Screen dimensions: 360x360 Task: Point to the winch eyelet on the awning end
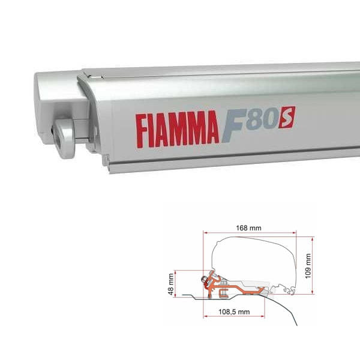pos(62,131)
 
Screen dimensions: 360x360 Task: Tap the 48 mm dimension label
pos(171,283)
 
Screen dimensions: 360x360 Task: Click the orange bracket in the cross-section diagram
pos(234,289)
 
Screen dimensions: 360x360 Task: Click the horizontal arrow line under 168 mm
pos(250,232)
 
